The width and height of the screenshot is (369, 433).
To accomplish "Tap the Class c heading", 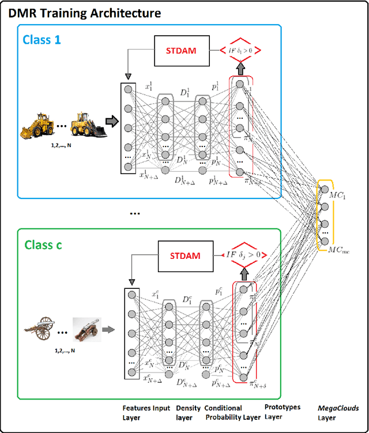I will [44, 244].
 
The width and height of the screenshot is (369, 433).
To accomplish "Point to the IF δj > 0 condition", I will [243, 254].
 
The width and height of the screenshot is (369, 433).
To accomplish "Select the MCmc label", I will [339, 250].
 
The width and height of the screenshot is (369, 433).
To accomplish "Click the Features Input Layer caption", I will [145, 413].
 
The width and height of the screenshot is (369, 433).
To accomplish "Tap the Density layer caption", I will [188, 412].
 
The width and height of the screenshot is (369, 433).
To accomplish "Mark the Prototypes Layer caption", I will [283, 412].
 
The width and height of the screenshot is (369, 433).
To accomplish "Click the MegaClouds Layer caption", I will [338, 413].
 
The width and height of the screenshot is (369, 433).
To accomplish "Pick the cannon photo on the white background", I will [86, 331].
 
